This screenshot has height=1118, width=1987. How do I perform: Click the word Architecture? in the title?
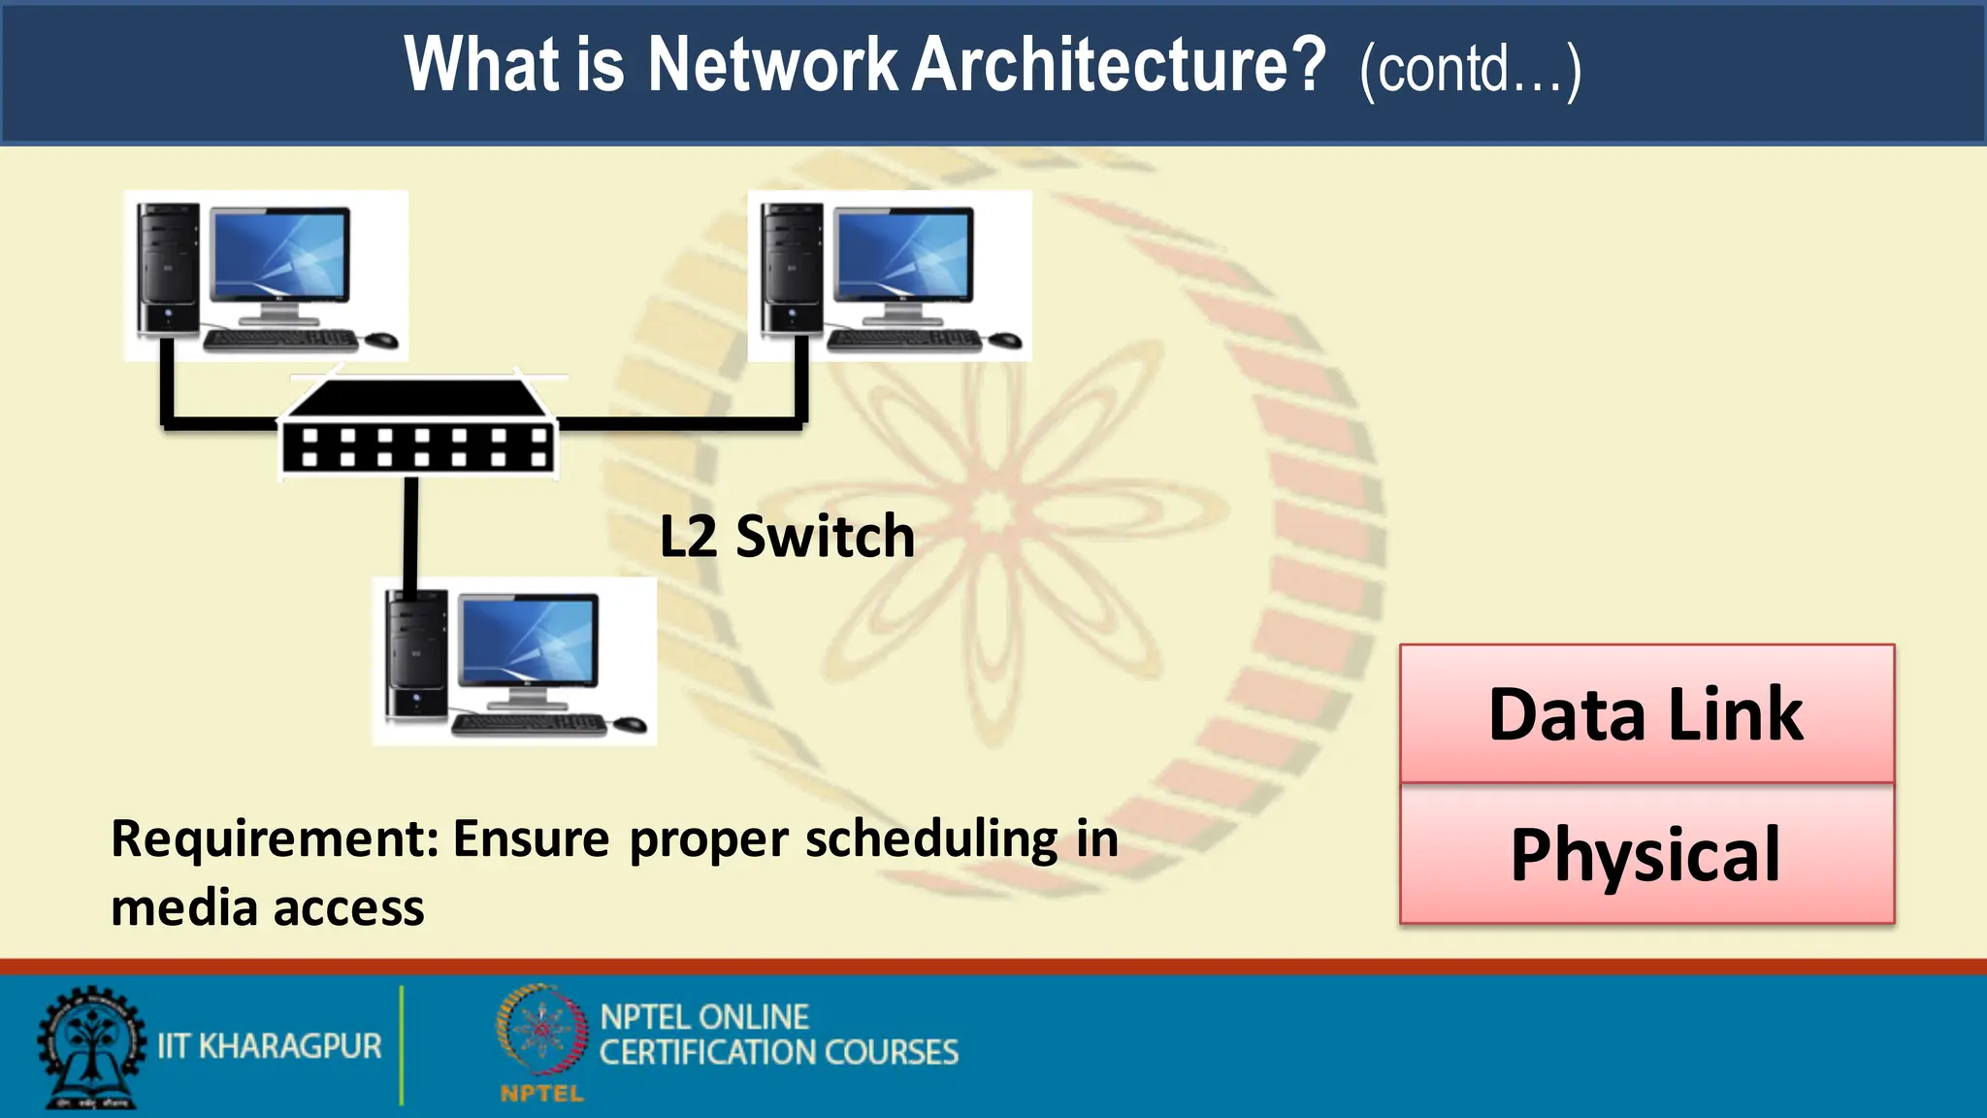click(1119, 66)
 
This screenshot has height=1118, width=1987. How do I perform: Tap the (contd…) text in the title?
click(1470, 70)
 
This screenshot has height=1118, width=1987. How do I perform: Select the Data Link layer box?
click(1646, 714)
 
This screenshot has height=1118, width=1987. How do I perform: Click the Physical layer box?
click(1646, 855)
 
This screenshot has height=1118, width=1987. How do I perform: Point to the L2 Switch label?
click(787, 536)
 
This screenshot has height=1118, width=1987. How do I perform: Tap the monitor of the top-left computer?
click(279, 256)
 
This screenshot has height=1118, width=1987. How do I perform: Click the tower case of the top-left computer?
click(168, 268)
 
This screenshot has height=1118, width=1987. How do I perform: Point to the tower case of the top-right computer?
click(792, 268)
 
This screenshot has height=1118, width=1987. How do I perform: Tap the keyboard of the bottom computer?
click(529, 724)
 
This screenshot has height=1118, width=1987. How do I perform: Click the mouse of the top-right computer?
click(1006, 340)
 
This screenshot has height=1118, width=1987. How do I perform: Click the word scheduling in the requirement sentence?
click(931, 840)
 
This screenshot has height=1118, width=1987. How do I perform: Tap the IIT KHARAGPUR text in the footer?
click(270, 1046)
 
